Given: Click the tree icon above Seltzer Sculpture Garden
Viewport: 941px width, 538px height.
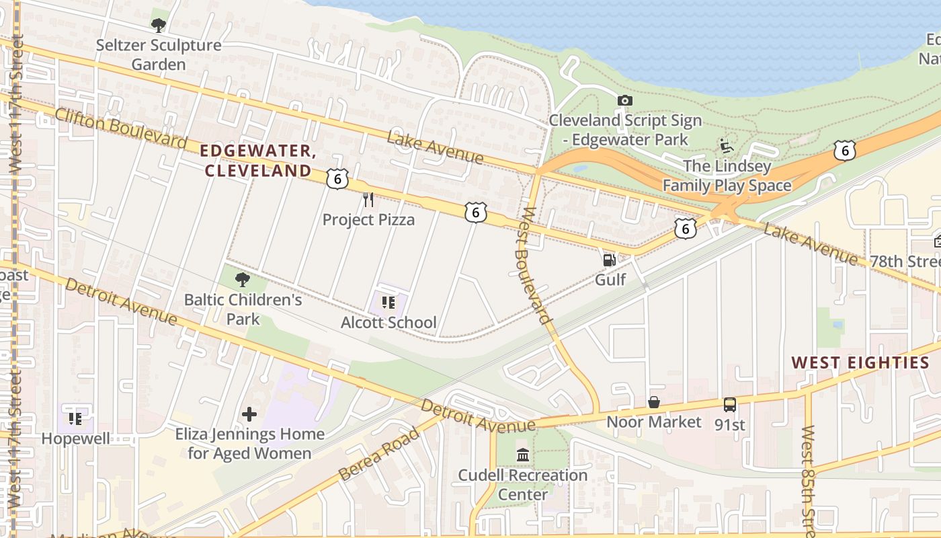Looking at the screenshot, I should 159,26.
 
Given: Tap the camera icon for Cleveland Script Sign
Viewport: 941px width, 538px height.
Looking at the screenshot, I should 625,101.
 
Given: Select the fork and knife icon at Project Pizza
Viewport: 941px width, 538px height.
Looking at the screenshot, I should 368,199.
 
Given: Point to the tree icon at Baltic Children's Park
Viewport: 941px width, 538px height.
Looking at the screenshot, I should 243,280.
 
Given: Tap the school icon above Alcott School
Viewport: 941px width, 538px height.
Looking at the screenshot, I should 388,303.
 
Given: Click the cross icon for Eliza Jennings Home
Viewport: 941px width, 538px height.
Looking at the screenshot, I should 249,414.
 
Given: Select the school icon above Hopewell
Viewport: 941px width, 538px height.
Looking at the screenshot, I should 75,419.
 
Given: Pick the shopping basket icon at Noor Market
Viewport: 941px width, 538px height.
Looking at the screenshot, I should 653,402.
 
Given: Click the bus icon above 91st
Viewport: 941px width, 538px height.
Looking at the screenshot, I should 730,405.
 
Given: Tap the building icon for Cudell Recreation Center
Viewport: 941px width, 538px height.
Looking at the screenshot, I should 523,455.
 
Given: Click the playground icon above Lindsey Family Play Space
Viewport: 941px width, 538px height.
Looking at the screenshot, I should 726,146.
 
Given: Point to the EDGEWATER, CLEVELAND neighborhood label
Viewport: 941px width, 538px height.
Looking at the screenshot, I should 259,161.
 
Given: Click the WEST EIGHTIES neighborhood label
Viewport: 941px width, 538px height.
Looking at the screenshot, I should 860,363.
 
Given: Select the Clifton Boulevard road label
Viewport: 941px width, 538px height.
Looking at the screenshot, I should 120,128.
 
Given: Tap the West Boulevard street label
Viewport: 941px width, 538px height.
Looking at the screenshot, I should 536,266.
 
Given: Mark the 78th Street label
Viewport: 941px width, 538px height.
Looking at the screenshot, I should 904,261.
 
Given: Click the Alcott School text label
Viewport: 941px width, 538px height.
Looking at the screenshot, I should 388,323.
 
